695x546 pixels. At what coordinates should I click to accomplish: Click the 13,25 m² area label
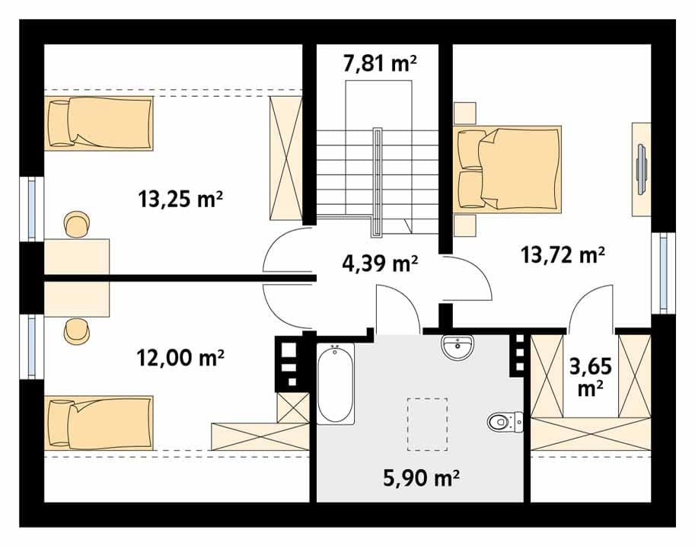[x=180, y=200]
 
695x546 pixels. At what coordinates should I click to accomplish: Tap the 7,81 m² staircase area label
[x=380, y=63]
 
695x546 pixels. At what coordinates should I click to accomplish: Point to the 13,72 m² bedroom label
[x=563, y=254]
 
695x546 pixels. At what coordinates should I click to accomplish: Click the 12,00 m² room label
[x=180, y=357]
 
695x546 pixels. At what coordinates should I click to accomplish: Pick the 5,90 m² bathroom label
[x=421, y=478]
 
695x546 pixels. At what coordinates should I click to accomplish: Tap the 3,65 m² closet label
[x=591, y=377]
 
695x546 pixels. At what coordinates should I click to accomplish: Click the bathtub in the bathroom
[x=336, y=384]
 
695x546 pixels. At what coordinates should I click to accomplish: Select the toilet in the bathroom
[x=505, y=422]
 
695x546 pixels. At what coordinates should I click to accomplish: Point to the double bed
[x=507, y=169]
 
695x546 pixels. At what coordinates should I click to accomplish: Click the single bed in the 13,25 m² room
[x=98, y=123]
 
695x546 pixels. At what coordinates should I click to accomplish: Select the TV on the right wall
[x=642, y=169]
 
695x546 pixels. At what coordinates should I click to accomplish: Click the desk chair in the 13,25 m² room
[x=77, y=225]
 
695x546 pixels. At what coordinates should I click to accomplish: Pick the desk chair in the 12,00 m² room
[x=77, y=331]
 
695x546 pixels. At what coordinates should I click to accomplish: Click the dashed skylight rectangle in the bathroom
[x=427, y=424]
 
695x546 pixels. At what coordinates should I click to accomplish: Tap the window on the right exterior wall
[x=664, y=273]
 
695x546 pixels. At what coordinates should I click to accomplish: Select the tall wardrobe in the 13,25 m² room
[x=286, y=158]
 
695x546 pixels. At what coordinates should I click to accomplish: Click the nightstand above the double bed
[x=465, y=113]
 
